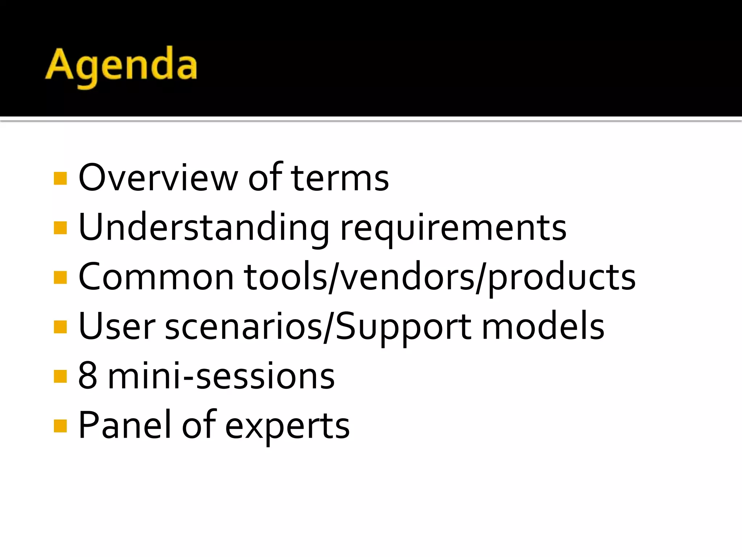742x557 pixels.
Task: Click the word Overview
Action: [x=158, y=178]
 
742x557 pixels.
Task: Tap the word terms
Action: [x=340, y=178]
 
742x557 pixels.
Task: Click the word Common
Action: [x=156, y=277]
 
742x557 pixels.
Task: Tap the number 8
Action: [x=88, y=376]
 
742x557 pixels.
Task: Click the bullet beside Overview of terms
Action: [x=60, y=178]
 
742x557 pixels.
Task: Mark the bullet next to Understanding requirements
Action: [x=60, y=228]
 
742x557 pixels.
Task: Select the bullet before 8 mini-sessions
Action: [x=60, y=376]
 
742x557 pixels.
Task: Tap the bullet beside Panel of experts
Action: [x=60, y=426]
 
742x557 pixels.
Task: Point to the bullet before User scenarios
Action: [x=60, y=327]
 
